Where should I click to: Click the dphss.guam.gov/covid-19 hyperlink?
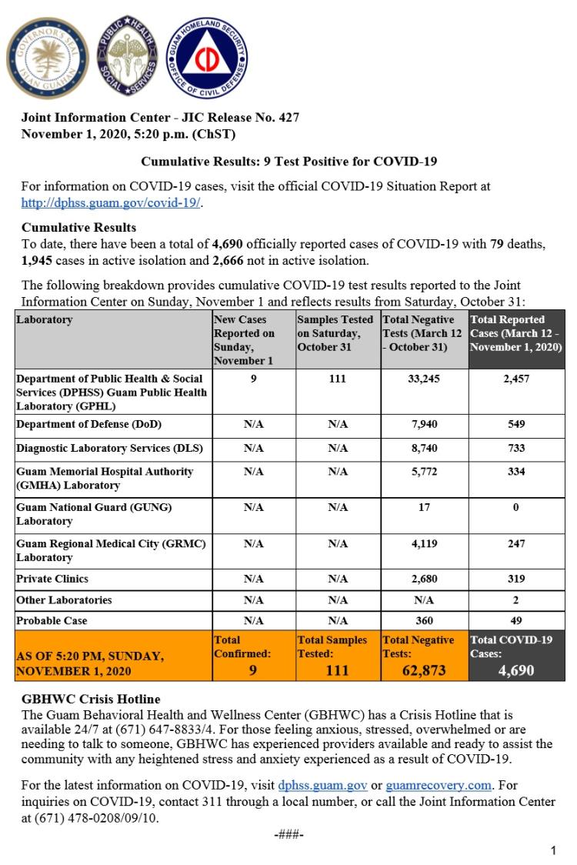point(112,202)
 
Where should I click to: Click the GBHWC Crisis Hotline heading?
point(91,699)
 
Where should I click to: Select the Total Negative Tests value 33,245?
point(424,379)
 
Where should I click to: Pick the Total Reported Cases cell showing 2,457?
point(516,379)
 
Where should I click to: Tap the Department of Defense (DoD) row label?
point(89,424)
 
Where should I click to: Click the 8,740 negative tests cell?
point(424,448)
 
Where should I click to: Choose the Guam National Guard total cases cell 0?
point(516,507)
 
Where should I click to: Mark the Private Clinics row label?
point(52,579)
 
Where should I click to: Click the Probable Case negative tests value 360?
point(424,620)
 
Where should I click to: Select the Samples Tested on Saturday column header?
point(335,333)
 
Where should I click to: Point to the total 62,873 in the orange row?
point(424,670)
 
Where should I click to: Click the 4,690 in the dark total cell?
point(516,670)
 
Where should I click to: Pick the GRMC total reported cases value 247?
point(516,543)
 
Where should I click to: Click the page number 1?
point(553,850)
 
